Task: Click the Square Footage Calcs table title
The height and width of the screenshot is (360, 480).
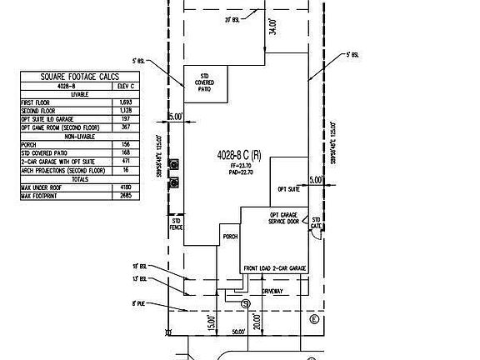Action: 81,77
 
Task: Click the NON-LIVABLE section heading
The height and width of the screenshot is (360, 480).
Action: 80,135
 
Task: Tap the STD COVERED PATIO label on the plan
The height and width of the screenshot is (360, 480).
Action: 203,83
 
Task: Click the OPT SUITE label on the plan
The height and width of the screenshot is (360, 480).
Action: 288,188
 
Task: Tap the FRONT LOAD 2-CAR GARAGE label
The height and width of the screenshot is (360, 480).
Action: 275,268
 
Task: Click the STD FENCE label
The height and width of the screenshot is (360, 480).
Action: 177,224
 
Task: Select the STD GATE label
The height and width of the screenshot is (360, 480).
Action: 317,223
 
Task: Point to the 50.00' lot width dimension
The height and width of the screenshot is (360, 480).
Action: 238,331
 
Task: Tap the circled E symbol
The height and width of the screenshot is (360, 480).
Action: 313,320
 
